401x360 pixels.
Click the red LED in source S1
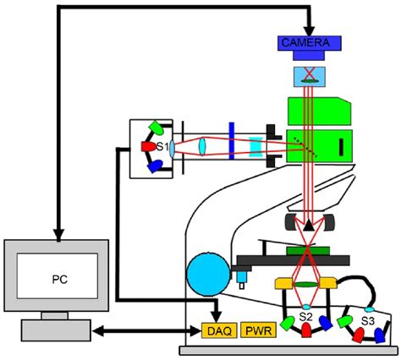(x=145, y=149)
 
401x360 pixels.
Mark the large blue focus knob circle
(x=206, y=271)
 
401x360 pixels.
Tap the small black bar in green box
(x=342, y=146)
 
